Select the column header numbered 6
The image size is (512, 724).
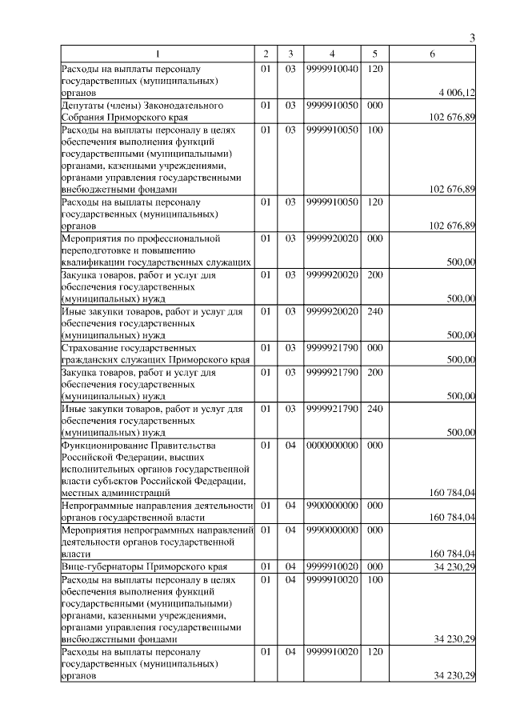click(x=432, y=54)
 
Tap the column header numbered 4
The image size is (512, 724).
click(x=331, y=54)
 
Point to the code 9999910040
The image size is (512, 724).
click(x=331, y=69)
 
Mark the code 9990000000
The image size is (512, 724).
click(x=331, y=530)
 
